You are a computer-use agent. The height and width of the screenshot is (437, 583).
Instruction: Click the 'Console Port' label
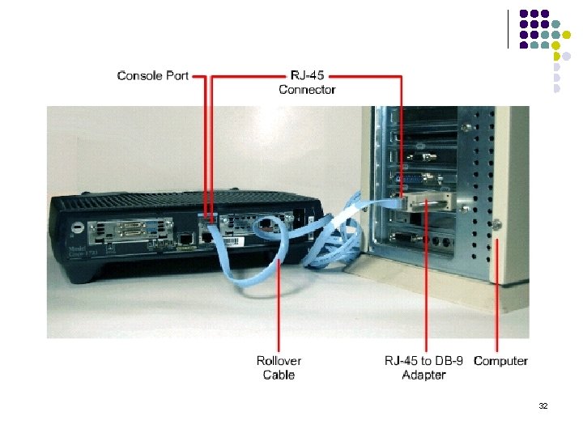point(152,76)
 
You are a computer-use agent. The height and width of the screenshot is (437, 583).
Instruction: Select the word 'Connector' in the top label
point(307,90)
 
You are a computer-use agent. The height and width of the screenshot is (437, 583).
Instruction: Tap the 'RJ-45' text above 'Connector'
point(307,76)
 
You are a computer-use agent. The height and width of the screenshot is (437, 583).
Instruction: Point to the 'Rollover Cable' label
point(279,367)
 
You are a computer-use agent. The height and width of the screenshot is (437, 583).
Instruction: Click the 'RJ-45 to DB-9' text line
point(423,361)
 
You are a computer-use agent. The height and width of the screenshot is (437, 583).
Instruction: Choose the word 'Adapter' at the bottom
point(423,375)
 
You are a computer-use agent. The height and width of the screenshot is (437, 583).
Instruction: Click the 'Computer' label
point(500,361)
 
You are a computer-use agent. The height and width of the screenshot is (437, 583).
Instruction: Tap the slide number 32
point(543,405)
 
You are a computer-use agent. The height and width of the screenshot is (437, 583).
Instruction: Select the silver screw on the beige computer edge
point(496,224)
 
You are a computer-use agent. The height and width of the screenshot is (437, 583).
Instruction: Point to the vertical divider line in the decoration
point(508,28)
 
